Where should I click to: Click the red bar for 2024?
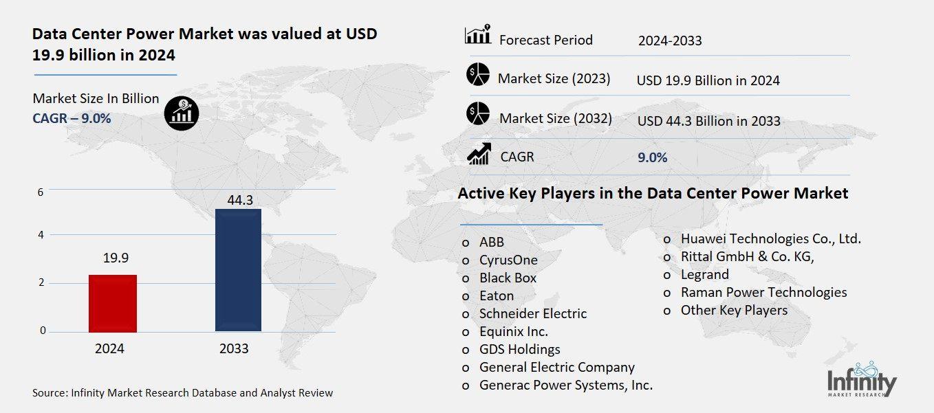tap(113, 303)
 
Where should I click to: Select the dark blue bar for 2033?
tap(238, 270)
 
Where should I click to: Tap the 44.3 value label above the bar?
tap(238, 200)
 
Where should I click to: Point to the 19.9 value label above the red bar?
tap(116, 258)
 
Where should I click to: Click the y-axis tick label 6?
tap(41, 192)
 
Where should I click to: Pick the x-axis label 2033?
tap(234, 348)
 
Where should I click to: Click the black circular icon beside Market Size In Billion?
tap(182, 112)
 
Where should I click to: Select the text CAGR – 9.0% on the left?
tap(72, 118)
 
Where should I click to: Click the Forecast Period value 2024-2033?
tap(669, 41)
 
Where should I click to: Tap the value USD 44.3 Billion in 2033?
tap(708, 121)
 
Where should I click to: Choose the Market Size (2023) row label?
tap(554, 78)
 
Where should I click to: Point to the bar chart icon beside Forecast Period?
tap(478, 34)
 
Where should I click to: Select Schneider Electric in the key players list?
tap(533, 313)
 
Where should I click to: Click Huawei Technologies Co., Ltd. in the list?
tap(770, 238)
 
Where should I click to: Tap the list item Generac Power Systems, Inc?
tap(565, 385)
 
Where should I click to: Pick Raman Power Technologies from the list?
tap(763, 292)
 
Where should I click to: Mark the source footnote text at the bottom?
tap(182, 393)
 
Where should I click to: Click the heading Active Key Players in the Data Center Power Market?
tap(653, 194)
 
